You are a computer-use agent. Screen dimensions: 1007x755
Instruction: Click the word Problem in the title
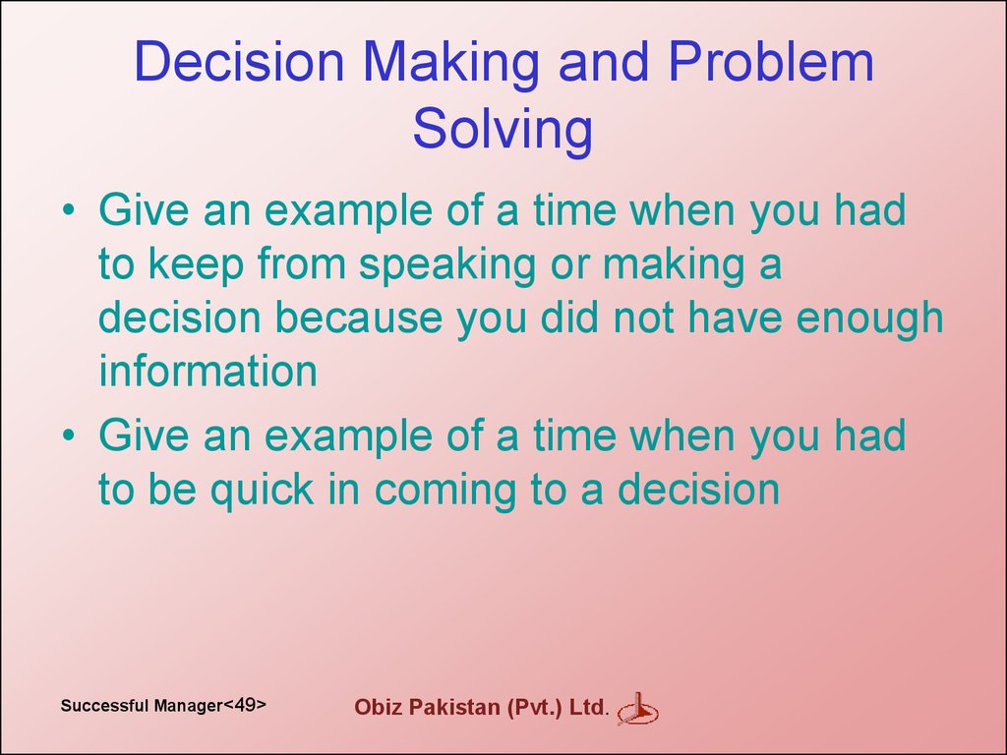pos(771,62)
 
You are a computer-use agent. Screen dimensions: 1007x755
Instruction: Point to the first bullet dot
pos(69,209)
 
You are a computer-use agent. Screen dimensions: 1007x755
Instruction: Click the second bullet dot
pos(69,435)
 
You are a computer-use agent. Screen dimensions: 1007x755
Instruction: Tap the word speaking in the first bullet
pos(447,266)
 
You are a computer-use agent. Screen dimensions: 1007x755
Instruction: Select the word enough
pos(869,320)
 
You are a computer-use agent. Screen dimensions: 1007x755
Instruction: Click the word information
pos(208,371)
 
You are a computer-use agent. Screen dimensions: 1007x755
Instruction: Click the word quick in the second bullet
pos(262,492)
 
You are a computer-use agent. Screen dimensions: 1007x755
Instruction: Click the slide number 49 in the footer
pos(245,704)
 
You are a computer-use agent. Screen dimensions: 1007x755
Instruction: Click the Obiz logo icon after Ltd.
pos(637,710)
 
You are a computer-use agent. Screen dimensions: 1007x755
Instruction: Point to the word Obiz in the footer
pos(379,707)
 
